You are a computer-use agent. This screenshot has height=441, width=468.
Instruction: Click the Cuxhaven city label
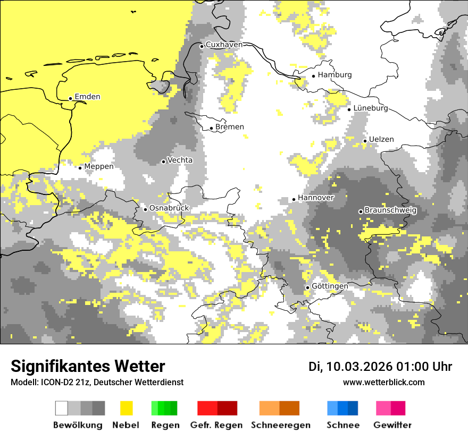224,45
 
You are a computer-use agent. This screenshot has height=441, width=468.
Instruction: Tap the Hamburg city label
335,75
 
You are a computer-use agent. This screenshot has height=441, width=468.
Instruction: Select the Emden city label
87,97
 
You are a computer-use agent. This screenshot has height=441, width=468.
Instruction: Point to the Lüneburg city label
371,108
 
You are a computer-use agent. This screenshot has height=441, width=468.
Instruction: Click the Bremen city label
230,127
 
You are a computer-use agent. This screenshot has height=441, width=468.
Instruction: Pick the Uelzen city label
381,140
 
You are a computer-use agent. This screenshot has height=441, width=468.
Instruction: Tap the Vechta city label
180,160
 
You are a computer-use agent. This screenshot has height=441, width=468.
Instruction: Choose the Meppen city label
99,167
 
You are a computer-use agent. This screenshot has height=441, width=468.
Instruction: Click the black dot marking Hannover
294,199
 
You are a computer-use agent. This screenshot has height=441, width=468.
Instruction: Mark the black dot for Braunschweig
361,211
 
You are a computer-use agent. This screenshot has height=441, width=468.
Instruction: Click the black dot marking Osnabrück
145,209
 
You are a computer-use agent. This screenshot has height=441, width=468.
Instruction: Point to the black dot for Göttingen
307,287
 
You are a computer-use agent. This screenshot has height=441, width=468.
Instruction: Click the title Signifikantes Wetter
88,367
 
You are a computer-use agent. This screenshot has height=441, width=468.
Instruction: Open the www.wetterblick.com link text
383,383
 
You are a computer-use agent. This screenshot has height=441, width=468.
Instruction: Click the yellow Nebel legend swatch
126,408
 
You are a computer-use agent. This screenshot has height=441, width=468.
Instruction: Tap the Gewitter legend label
392,425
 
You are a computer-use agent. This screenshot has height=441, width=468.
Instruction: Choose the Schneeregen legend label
280,425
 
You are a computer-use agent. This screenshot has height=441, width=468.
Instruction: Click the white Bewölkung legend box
62,408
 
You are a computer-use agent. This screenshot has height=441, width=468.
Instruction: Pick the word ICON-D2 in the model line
55,383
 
